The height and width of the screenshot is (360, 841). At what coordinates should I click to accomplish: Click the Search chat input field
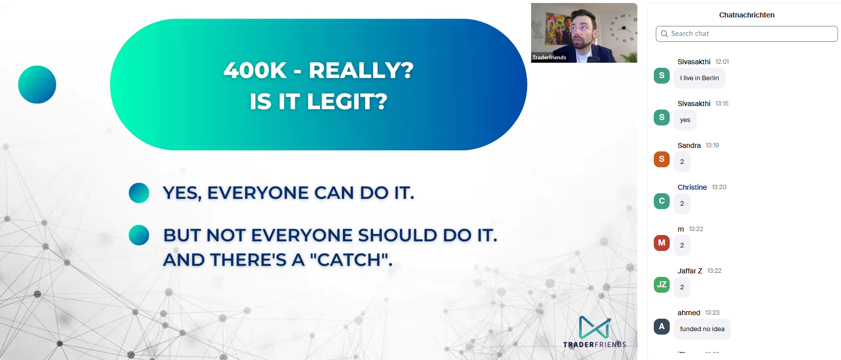pyautogui.click(x=747, y=34)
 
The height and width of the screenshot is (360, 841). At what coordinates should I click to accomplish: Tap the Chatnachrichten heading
pyautogui.click(x=746, y=15)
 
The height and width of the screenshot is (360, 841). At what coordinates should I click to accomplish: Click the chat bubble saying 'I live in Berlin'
pyautogui.click(x=699, y=78)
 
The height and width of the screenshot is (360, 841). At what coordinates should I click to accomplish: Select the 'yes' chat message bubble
pyautogui.click(x=685, y=120)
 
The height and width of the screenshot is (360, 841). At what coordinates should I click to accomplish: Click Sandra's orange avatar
pyautogui.click(x=661, y=159)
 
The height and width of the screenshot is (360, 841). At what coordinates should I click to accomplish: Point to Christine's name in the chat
pyautogui.click(x=692, y=187)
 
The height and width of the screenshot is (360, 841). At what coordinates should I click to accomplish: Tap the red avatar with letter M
pyautogui.click(x=661, y=243)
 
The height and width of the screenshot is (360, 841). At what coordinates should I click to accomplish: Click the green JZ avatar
pyautogui.click(x=661, y=285)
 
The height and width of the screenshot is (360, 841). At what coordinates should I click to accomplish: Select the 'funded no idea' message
pyautogui.click(x=702, y=329)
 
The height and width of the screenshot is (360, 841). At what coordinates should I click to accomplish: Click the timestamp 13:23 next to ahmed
pyautogui.click(x=712, y=313)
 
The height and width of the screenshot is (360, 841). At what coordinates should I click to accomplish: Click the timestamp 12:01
pyautogui.click(x=722, y=62)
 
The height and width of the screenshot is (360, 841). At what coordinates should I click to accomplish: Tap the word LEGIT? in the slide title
pyautogui.click(x=347, y=102)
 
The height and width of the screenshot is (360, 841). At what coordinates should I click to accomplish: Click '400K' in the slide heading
pyautogui.click(x=255, y=70)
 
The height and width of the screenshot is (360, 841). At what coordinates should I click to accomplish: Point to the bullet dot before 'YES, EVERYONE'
pyautogui.click(x=139, y=193)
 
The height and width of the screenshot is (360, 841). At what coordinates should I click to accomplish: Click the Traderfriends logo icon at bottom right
pyautogui.click(x=595, y=327)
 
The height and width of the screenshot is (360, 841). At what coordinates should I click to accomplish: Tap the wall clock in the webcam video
pyautogui.click(x=623, y=28)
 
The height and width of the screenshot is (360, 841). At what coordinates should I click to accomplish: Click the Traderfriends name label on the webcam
pyautogui.click(x=549, y=58)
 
